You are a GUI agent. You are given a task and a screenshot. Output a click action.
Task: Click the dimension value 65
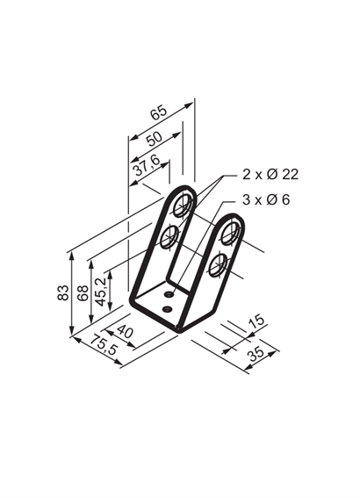(x=158, y=112)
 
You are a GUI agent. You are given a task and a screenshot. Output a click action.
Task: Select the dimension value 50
(x=154, y=139)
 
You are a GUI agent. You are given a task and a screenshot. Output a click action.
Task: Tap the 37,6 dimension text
(x=147, y=165)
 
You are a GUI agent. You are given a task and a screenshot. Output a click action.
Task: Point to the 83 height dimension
(x=63, y=292)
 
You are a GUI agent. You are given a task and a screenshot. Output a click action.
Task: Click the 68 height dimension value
(x=83, y=292)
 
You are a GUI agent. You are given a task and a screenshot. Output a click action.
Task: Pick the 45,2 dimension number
(x=100, y=292)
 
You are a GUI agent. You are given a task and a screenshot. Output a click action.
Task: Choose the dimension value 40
(x=125, y=332)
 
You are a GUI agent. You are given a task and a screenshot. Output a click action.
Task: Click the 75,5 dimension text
(x=104, y=344)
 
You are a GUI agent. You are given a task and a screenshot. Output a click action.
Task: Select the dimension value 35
(x=256, y=353)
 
